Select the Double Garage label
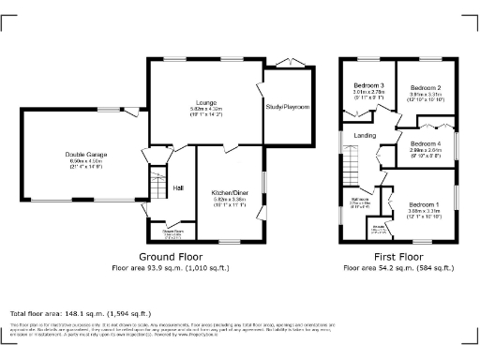coord(83,155)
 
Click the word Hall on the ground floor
coord(177,187)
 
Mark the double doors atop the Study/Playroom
coord(288,64)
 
